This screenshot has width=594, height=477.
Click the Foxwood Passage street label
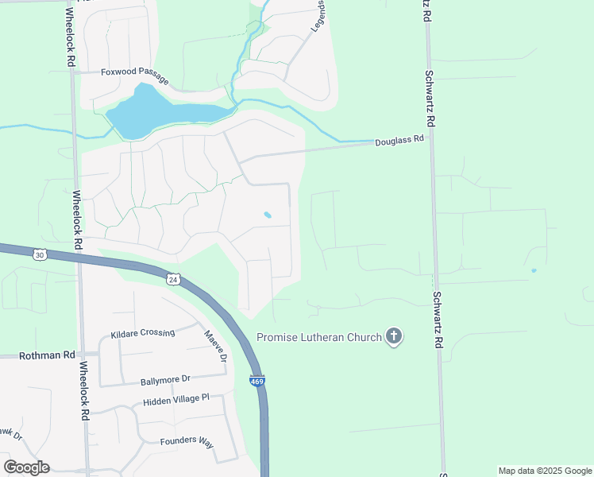point(134,76)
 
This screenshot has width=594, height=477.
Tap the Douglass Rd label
point(399,140)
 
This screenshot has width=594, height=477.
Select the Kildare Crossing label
point(142,332)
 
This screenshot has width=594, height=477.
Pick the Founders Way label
point(187,442)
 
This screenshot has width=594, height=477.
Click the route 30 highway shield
point(40,254)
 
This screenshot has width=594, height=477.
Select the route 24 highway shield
point(173,279)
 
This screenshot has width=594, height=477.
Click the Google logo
point(26,467)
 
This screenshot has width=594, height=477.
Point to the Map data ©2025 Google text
point(544,471)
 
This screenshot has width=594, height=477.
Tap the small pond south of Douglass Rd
point(268,215)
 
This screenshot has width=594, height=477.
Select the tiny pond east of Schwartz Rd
point(533,270)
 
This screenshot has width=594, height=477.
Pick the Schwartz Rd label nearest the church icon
point(437,320)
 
